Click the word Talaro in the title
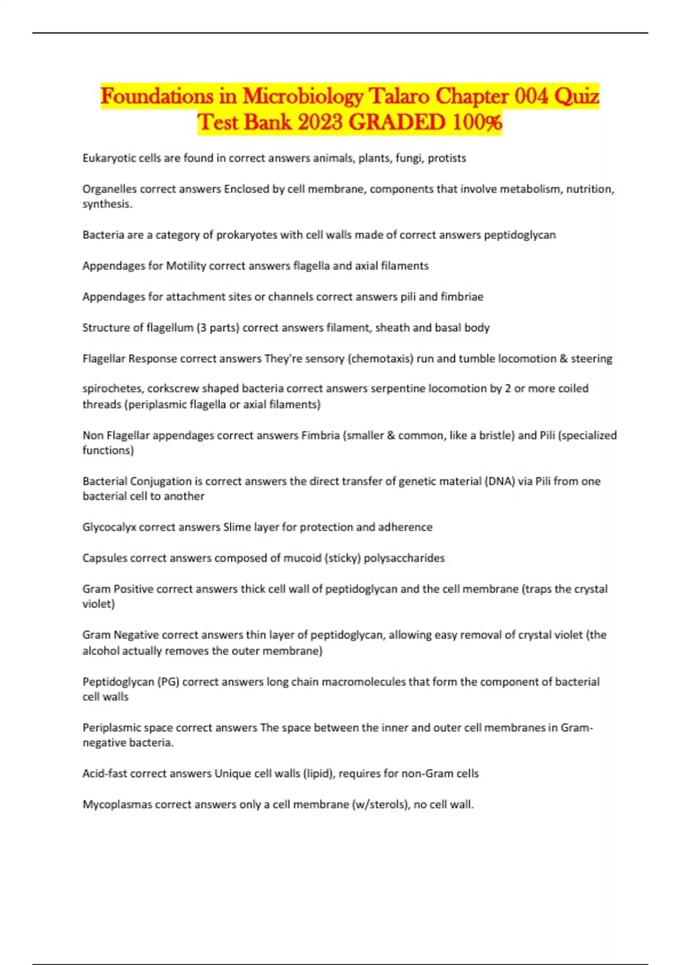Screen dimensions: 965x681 (x=399, y=96)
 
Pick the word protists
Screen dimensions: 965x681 (x=447, y=158)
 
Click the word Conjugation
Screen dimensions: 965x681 (x=161, y=481)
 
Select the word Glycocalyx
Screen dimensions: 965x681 (x=109, y=527)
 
